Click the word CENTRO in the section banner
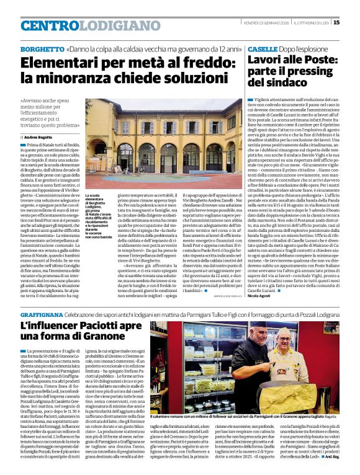point(50,25)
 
